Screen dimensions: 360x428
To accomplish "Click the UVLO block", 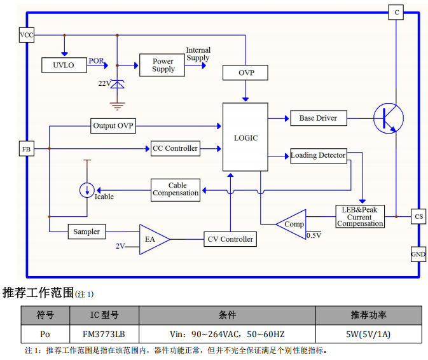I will pyautogui.click(x=63, y=65).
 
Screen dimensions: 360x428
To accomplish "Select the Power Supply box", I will pyautogui.click(x=163, y=65).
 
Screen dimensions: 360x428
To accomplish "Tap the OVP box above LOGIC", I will pyautogui.click(x=245, y=73).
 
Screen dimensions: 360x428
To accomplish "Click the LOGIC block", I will pyautogui.click(x=245, y=137).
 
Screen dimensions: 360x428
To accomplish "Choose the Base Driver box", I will pyautogui.click(x=318, y=118).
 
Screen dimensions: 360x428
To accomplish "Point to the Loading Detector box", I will pyautogui.click(x=318, y=155).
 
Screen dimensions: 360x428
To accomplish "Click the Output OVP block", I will pyautogui.click(x=113, y=125).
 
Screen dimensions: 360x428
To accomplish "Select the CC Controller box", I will pyautogui.click(x=175, y=148).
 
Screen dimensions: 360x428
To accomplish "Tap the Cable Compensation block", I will pyautogui.click(x=176, y=190).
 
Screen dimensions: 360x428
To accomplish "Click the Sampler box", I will pyautogui.click(x=86, y=232).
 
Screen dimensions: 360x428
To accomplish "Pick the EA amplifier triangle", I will pyautogui.click(x=153, y=239).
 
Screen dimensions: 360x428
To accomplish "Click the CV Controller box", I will pyautogui.click(x=230, y=239).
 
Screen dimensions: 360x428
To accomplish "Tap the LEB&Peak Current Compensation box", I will pyautogui.click(x=360, y=217).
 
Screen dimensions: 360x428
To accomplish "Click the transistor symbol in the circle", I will pyautogui.click(x=389, y=118).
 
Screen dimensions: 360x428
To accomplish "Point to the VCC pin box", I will pyautogui.click(x=27, y=35).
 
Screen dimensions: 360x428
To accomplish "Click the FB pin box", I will pyautogui.click(x=27, y=149).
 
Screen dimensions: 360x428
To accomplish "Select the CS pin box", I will pyautogui.click(x=418, y=217).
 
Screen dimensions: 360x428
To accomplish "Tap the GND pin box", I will pyautogui.click(x=418, y=254).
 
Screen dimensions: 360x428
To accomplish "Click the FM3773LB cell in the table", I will pyautogui.click(x=102, y=334).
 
